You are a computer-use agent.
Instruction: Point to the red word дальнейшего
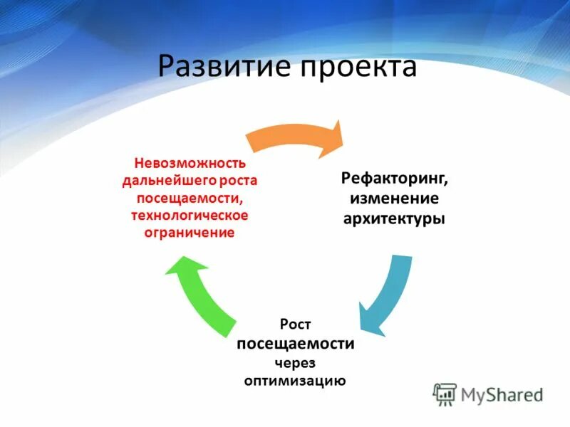click(x=170, y=181)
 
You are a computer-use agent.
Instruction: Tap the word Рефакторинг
click(x=393, y=176)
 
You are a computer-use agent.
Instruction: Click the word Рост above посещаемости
click(x=296, y=325)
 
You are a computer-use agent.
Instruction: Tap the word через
click(x=295, y=362)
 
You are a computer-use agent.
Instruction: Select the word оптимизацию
click(x=295, y=381)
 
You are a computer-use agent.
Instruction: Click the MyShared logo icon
click(x=445, y=394)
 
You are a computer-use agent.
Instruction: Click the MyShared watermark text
click(x=502, y=394)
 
